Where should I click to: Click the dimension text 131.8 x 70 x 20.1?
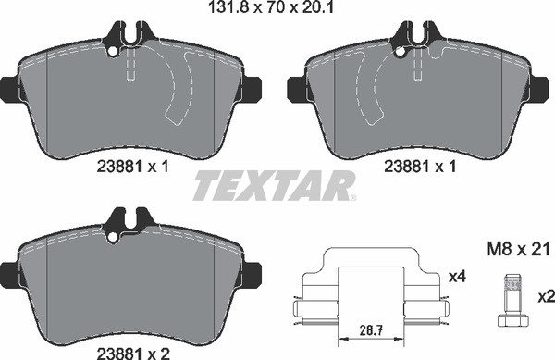(271, 7)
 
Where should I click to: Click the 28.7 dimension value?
(371, 331)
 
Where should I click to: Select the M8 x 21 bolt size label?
(518, 249)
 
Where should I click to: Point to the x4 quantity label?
(457, 277)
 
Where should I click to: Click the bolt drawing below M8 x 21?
(512, 300)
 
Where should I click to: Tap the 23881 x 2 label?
(133, 353)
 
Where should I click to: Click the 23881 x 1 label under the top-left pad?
(132, 166)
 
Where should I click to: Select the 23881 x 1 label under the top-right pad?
(420, 166)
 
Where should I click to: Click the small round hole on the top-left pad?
(113, 51)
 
